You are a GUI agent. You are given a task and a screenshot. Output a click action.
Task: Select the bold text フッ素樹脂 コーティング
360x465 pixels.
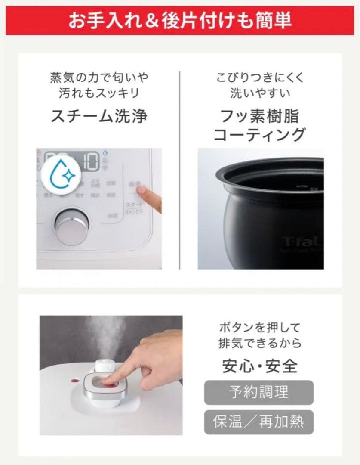(259, 125)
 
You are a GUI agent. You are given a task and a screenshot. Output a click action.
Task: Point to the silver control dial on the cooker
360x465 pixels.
(72, 227)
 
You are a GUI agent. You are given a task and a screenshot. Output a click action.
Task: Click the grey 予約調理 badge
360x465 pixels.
(258, 392)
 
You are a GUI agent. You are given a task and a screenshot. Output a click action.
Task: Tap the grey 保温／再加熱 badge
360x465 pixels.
(258, 422)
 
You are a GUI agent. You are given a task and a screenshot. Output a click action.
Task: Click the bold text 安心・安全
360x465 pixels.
(259, 366)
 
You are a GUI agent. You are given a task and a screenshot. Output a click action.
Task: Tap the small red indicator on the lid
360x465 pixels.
(74, 381)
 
